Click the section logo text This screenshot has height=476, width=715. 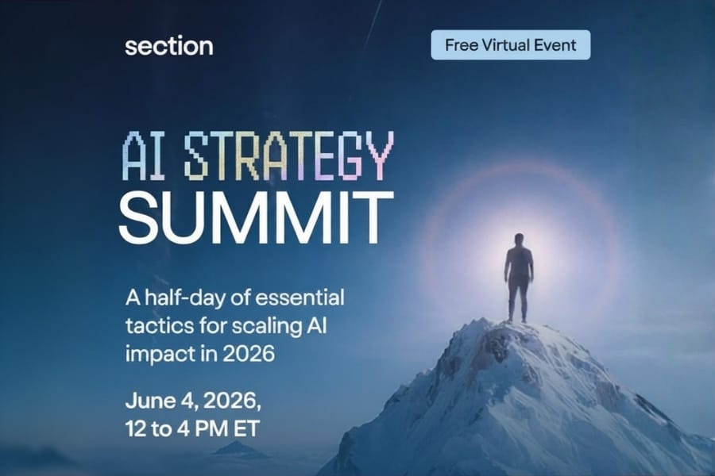(168, 46)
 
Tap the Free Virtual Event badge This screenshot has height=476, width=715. (511, 45)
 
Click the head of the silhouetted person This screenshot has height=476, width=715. (519, 240)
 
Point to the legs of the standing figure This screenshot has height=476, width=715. (519, 301)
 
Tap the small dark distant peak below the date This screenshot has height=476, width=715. (237, 449)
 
